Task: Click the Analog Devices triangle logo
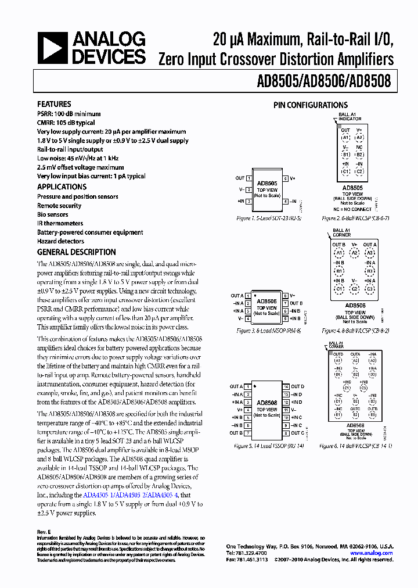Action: coord(52,48)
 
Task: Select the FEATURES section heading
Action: coord(54,104)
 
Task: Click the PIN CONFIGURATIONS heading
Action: coord(311,105)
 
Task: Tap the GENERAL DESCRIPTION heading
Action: coord(76,252)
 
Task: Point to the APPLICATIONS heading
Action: coord(62,187)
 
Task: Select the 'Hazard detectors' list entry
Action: coord(60,241)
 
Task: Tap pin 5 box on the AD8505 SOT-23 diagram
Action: coord(286,178)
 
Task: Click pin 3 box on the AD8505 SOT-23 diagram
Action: coord(248,201)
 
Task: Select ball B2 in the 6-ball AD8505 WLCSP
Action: coord(359,155)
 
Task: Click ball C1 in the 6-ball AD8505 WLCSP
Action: coord(345,172)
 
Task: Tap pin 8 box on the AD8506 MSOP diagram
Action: coord(286,296)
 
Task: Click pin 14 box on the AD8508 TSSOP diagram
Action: coord(286,386)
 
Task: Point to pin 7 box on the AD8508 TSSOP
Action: coord(248,433)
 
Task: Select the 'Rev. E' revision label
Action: coord(44,532)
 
